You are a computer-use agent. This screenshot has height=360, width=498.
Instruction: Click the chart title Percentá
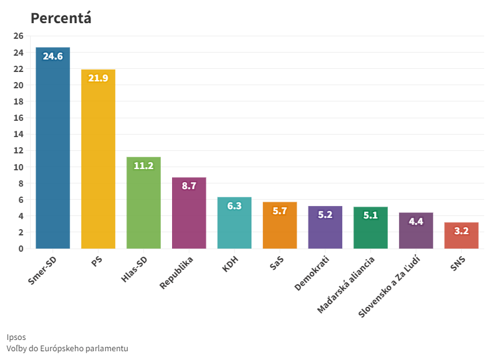[61, 18]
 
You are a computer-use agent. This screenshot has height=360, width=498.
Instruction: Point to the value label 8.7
[189, 186]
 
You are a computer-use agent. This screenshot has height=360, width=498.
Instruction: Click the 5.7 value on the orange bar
[280, 211]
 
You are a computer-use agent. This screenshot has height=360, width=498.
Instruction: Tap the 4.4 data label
[415, 221]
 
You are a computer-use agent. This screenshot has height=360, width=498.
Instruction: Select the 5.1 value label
[370, 215]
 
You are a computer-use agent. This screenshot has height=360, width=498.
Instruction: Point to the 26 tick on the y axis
[18, 36]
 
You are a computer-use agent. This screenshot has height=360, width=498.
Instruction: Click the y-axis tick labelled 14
[18, 134]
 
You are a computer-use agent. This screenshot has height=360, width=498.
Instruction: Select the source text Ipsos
[16, 337]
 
